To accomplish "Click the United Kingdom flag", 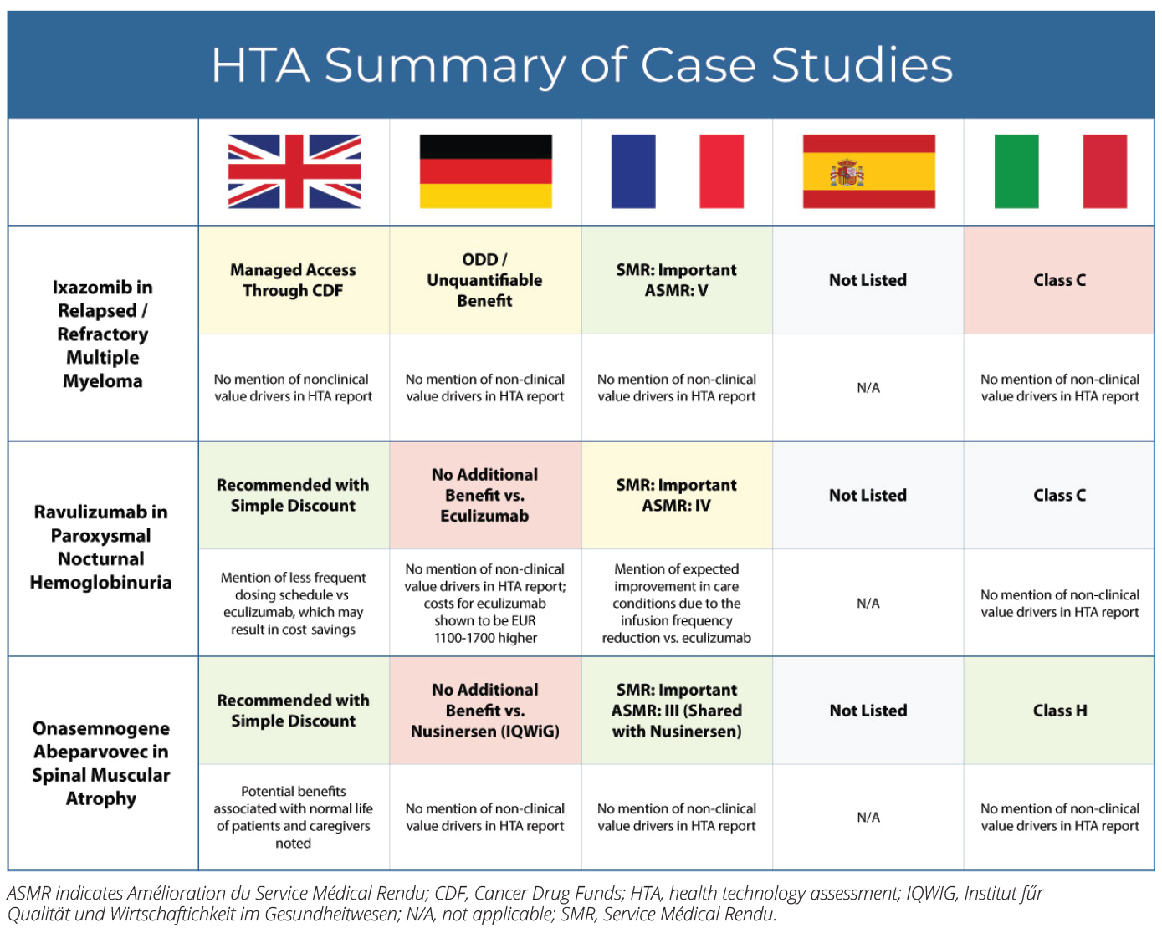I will pos(294,171).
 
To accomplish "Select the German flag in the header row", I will pos(485,171).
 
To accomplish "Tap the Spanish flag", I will pos(868,171).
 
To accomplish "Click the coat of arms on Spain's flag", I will pos(847,173).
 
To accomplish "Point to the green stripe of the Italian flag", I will pos(1016,171).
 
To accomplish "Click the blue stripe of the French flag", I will pos(633,171).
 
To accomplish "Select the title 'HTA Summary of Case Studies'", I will pos(581,65).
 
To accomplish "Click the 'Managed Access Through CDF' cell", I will pos(294,280).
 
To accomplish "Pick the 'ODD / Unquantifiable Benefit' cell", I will pos(485,280).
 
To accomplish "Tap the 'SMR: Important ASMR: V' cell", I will pos(677,280).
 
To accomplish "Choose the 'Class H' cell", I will pos(1059,711).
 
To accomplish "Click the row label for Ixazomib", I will pos(103,334).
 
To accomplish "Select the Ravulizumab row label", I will pos(101,548).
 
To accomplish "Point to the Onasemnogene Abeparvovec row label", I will pos(101,763).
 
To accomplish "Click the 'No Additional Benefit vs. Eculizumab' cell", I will pos(485,495).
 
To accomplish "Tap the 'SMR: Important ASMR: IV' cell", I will pos(677,495).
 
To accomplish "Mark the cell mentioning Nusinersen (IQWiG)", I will pos(485,711).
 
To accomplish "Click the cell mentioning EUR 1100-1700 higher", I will pos(485,603).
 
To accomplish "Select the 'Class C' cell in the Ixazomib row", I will pos(1059,280).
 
